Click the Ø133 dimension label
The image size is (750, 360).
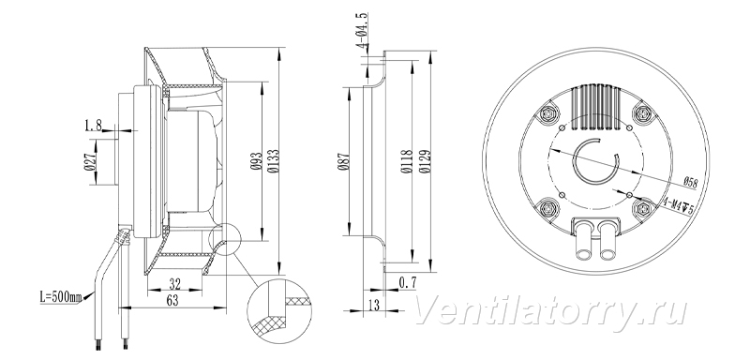[x=273, y=161]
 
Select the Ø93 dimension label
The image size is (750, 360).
[x=256, y=162]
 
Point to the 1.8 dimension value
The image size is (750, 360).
[x=93, y=126]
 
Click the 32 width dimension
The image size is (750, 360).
[x=175, y=284]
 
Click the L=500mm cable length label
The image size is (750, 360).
[x=60, y=297]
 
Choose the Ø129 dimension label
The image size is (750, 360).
[x=425, y=161]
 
